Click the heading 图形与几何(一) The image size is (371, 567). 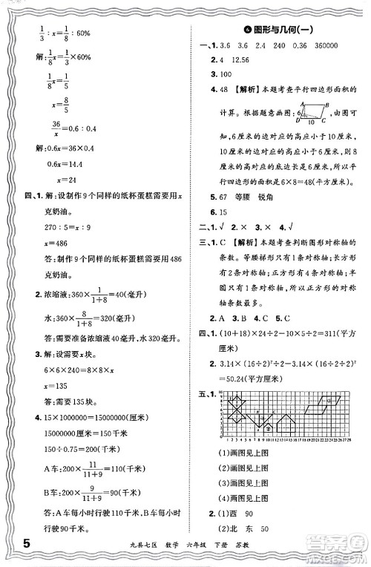[x=279, y=30]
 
